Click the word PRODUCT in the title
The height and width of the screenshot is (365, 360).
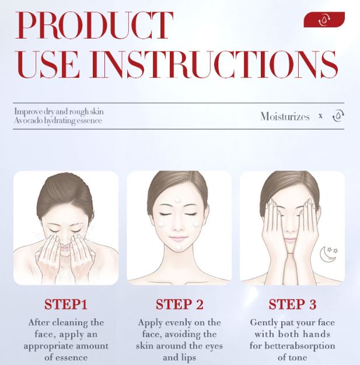click(x=94, y=25)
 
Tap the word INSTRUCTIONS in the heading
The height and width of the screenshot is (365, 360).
click(x=214, y=64)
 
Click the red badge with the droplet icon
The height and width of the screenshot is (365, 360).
click(x=324, y=19)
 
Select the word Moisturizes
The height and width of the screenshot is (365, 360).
click(x=285, y=116)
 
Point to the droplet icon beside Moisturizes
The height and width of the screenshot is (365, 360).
click(x=338, y=116)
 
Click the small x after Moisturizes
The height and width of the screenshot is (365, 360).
click(x=320, y=116)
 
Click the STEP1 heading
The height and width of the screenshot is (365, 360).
click(x=66, y=304)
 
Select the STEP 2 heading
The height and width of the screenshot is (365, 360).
click(x=180, y=304)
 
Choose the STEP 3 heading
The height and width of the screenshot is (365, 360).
click(x=292, y=304)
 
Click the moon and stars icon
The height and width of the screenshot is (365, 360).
click(x=328, y=254)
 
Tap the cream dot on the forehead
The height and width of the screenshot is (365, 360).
click(x=178, y=200)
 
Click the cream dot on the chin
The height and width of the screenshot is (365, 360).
click(x=179, y=248)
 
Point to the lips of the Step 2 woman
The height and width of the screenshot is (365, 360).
click(x=178, y=238)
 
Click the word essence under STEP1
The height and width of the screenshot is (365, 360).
click(x=72, y=357)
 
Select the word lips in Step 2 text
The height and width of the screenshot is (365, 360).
click(x=189, y=357)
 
